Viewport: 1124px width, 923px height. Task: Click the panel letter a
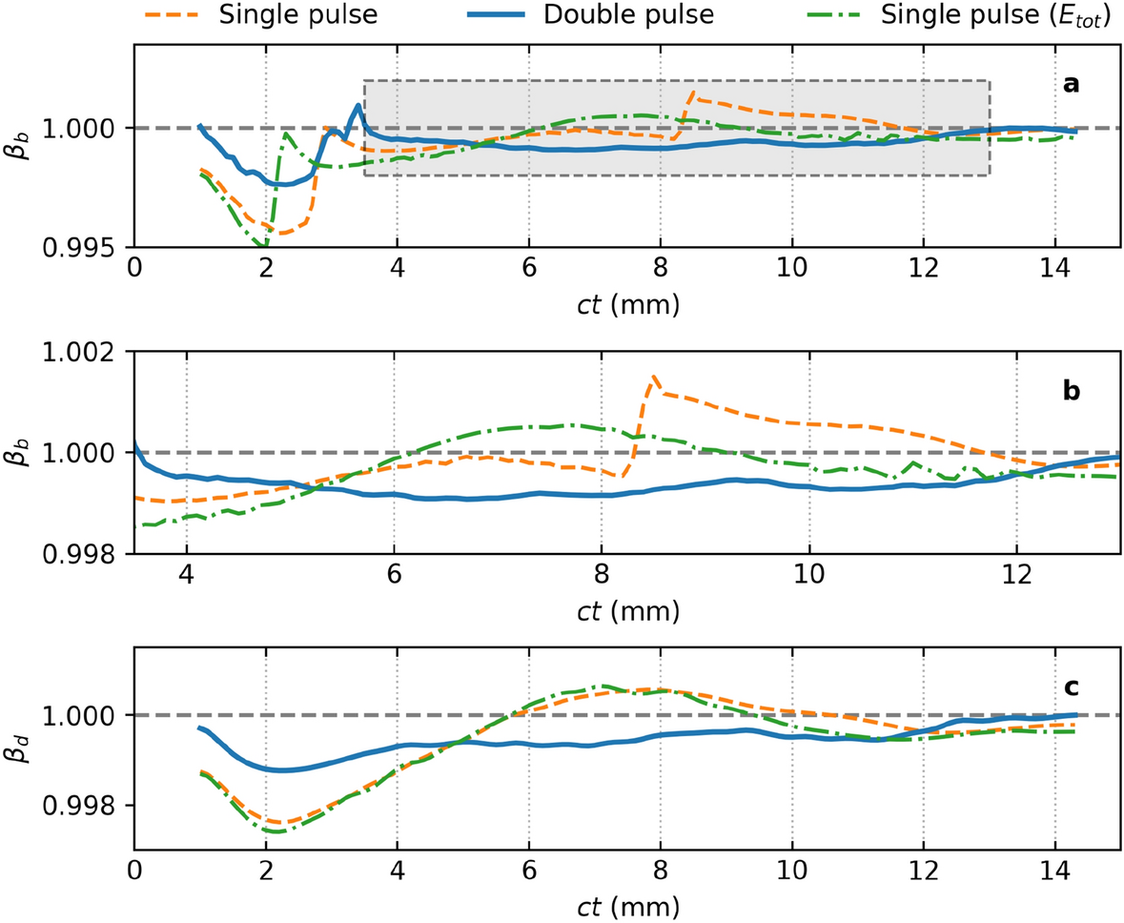1071,86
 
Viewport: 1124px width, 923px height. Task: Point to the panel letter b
1071,391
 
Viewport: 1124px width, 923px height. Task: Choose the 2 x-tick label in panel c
265,869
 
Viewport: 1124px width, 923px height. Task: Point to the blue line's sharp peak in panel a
358,105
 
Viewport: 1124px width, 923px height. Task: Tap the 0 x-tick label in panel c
134,869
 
